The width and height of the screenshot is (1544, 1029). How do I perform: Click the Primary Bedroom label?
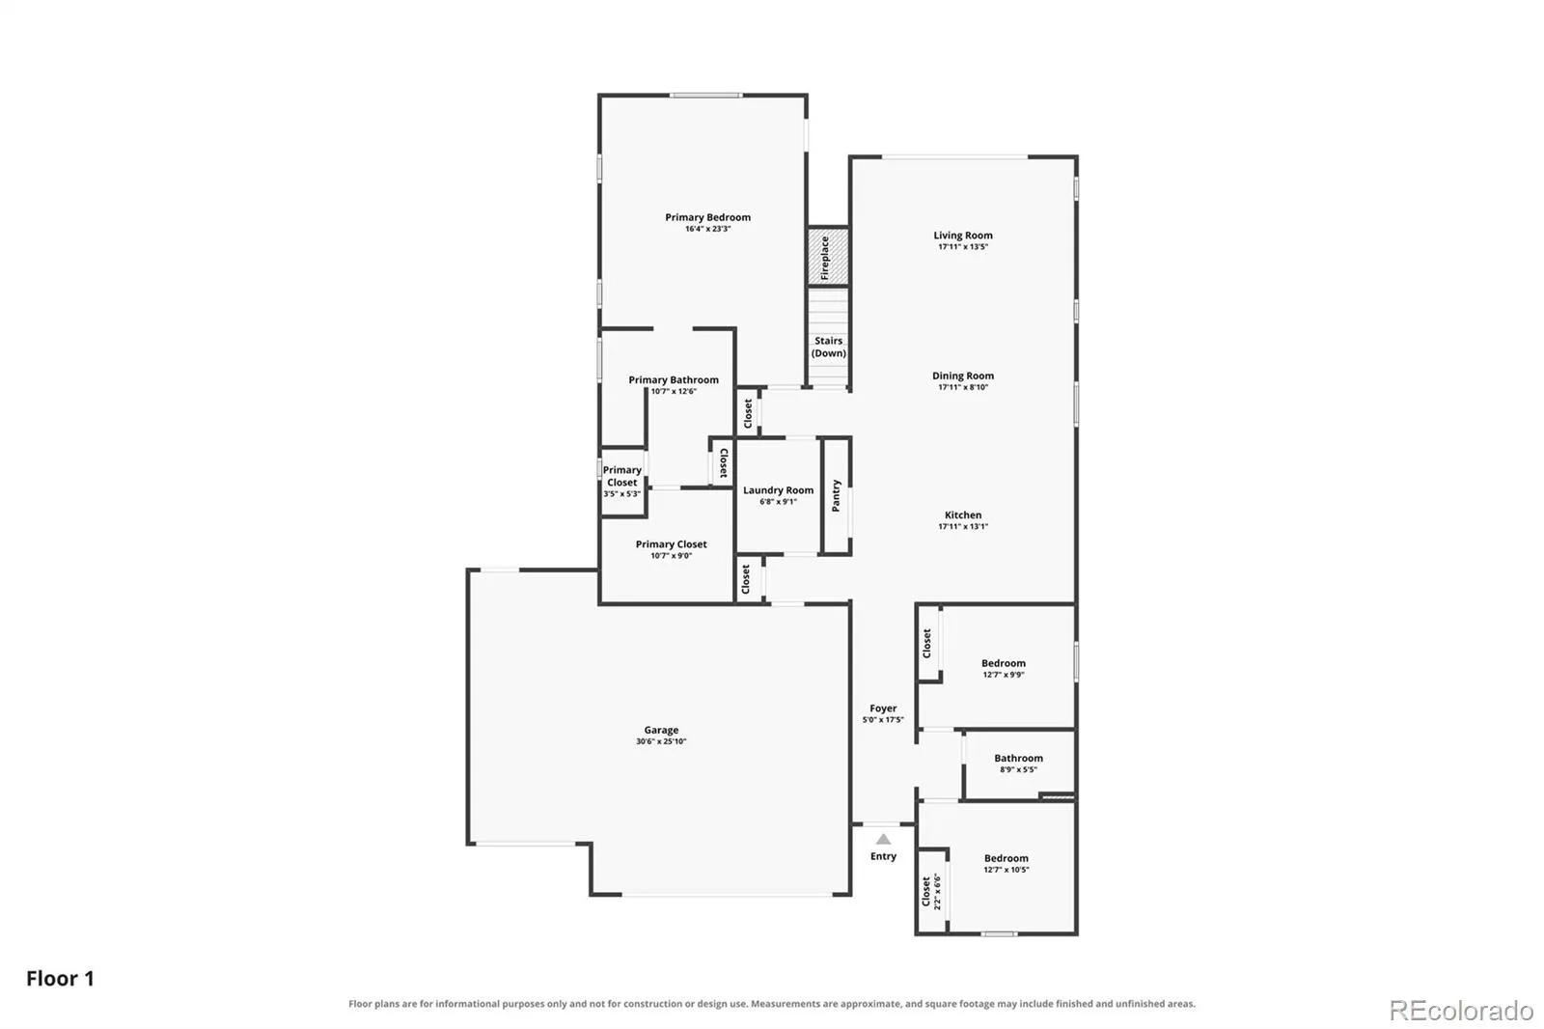(707, 217)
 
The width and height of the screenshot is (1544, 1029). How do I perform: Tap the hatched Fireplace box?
(828, 257)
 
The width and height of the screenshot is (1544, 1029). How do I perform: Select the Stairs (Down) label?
(828, 347)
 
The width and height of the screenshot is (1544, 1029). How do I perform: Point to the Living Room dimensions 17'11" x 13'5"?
(963, 247)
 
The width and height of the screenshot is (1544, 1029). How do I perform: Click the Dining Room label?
(963, 375)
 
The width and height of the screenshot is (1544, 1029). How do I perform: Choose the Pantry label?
(836, 496)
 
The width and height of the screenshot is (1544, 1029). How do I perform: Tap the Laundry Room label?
(778, 490)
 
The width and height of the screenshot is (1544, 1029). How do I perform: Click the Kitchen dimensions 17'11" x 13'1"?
(963, 527)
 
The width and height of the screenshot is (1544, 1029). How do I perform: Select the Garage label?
(661, 730)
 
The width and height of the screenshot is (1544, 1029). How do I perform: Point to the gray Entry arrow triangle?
(883, 840)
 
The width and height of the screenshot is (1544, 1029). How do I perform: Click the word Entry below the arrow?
(883, 856)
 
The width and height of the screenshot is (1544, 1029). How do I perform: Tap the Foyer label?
(883, 709)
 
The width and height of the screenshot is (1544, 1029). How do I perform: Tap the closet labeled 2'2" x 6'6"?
(930, 892)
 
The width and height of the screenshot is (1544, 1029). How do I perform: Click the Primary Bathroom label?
(674, 380)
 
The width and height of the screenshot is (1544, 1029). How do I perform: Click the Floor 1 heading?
(60, 979)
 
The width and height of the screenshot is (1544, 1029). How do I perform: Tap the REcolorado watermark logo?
(1461, 1011)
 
